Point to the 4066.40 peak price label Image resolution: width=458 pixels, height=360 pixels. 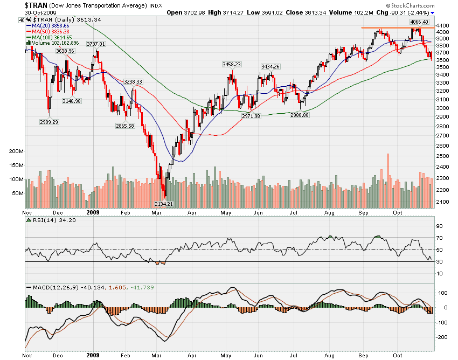tap(419, 22)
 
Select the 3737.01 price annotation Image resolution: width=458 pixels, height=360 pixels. tap(96, 44)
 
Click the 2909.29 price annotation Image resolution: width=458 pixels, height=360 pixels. tap(48, 122)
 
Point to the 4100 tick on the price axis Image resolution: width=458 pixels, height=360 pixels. tap(443, 25)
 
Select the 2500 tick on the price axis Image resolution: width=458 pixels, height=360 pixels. tap(443, 156)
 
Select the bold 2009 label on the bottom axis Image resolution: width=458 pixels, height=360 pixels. tap(92, 356)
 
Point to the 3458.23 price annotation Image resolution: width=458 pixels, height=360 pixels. tap(231, 64)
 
